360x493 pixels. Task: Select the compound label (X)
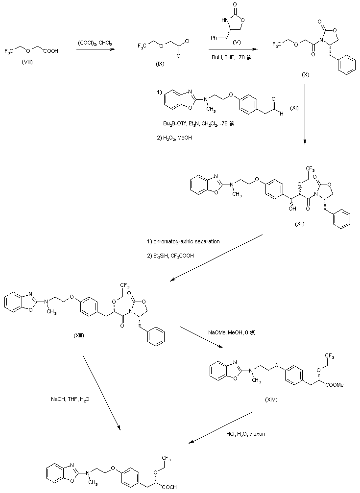(x=306, y=77)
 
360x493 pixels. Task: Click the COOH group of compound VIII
(x=50, y=50)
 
